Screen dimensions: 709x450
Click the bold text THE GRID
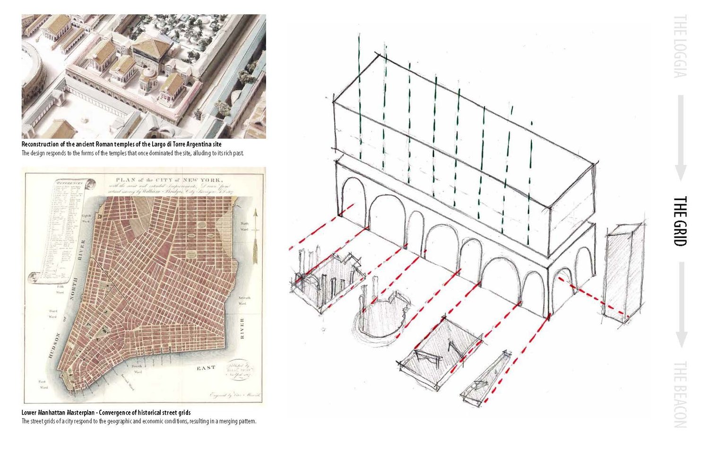click(x=679, y=221)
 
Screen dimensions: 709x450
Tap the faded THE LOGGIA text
click(x=679, y=46)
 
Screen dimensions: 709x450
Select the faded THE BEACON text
click(x=679, y=394)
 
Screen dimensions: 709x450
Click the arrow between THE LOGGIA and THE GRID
click(x=680, y=137)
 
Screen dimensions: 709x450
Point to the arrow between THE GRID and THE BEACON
click(x=680, y=305)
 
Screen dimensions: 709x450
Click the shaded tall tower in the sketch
click(x=624, y=274)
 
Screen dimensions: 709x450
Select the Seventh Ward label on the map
click(x=244, y=301)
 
